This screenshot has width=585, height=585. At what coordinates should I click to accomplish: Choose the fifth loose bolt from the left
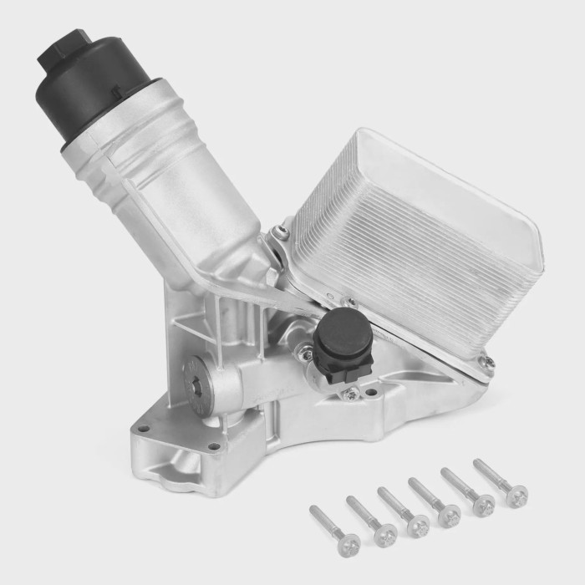tap(468, 493)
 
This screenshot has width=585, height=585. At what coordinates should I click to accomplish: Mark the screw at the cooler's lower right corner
tap(482, 362)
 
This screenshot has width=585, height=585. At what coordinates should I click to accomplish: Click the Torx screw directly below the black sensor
tap(351, 393)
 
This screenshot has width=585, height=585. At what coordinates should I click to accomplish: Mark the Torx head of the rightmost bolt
tap(517, 497)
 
